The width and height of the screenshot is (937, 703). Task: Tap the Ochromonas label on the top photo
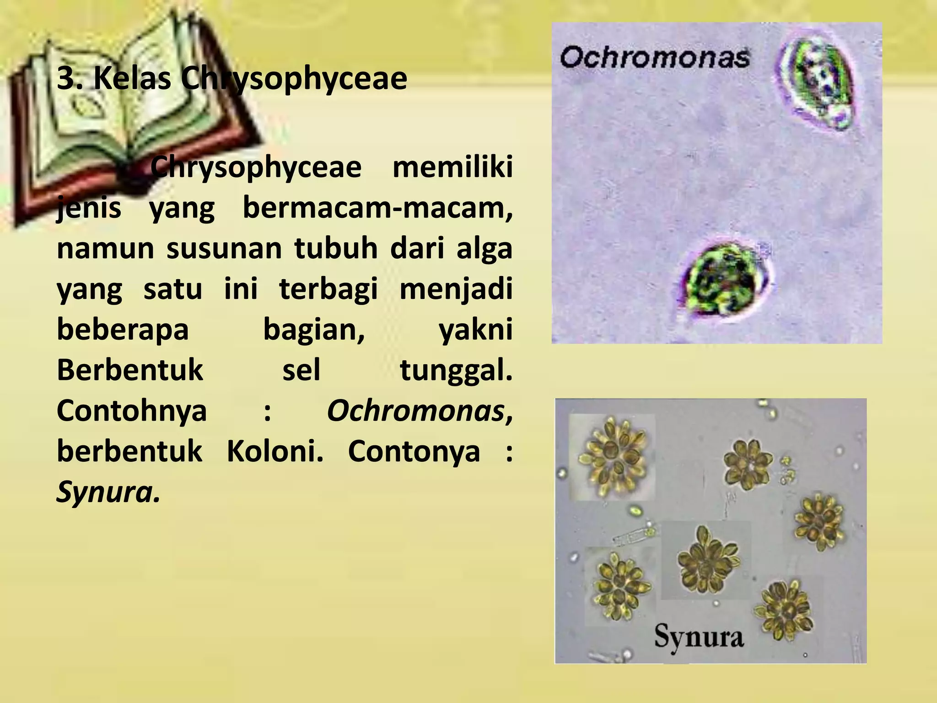click(655, 59)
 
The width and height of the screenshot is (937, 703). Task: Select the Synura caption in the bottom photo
click(699, 637)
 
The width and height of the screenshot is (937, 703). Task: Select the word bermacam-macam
click(377, 208)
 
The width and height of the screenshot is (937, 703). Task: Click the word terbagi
click(328, 289)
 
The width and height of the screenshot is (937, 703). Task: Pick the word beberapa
click(123, 330)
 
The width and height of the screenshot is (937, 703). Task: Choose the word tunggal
click(456, 371)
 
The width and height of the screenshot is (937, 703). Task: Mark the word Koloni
click(275, 451)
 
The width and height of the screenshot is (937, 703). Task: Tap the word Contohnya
click(132, 411)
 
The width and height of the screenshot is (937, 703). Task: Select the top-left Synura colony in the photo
click(612, 458)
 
